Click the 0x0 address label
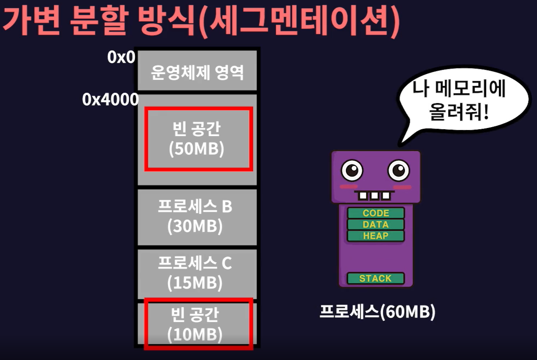pos(121,58)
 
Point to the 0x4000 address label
pos(110,99)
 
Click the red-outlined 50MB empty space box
pos(199,139)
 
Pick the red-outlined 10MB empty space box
pos(199,324)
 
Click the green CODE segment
pos(375,213)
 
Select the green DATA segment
pos(375,225)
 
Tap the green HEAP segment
pos(375,236)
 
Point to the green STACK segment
pos(375,278)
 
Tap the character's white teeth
pos(374,196)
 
